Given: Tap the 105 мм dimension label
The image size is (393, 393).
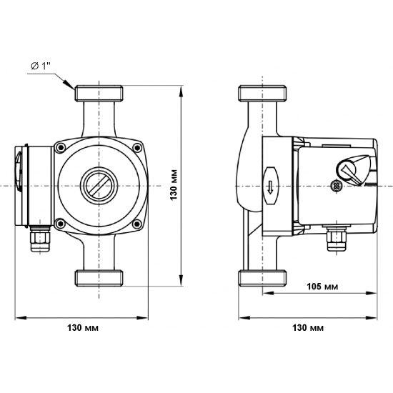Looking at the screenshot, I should point(322,287).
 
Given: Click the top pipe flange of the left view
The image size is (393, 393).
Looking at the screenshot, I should point(99,93).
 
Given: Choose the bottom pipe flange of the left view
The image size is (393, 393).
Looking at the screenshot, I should point(99,276).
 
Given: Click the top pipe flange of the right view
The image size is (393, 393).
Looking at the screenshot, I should point(263,94).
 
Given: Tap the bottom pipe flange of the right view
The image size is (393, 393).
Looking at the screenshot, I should point(263,277).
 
